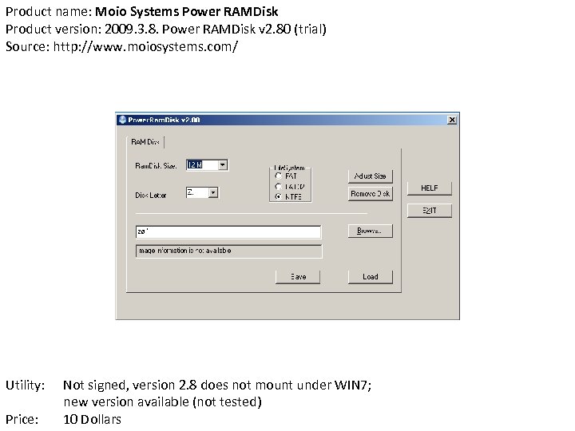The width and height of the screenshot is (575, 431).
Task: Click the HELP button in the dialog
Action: pyautogui.click(x=430, y=188)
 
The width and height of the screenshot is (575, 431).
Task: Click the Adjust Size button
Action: pyautogui.click(x=370, y=176)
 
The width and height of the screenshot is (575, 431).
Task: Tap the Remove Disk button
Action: pyautogui.click(x=370, y=194)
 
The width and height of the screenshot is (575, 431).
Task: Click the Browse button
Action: pyautogui.click(x=370, y=231)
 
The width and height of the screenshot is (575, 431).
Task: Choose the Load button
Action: pyautogui.click(x=370, y=276)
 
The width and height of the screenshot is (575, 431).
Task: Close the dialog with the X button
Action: pyautogui.click(x=452, y=120)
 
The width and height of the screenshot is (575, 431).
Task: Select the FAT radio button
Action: pyautogui.click(x=278, y=176)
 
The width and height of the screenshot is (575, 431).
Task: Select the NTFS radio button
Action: pyautogui.click(x=278, y=196)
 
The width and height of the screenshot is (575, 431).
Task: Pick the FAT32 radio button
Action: pyautogui.click(x=278, y=185)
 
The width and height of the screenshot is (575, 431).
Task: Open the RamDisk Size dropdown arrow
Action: pyautogui.click(x=223, y=164)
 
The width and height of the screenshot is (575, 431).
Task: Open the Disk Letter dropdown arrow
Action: pyautogui.click(x=213, y=192)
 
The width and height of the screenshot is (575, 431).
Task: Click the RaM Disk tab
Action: pyautogui.click(x=145, y=142)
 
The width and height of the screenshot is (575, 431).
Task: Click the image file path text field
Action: pyautogui.click(x=228, y=231)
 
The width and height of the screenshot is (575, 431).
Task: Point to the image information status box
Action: pyautogui.click(x=228, y=251)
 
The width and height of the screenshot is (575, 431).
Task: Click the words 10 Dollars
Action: pyautogui.click(x=92, y=419)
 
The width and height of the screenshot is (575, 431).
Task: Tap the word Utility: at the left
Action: pyautogui.click(x=25, y=386)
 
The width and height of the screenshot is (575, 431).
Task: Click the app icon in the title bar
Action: pyautogui.click(x=122, y=120)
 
